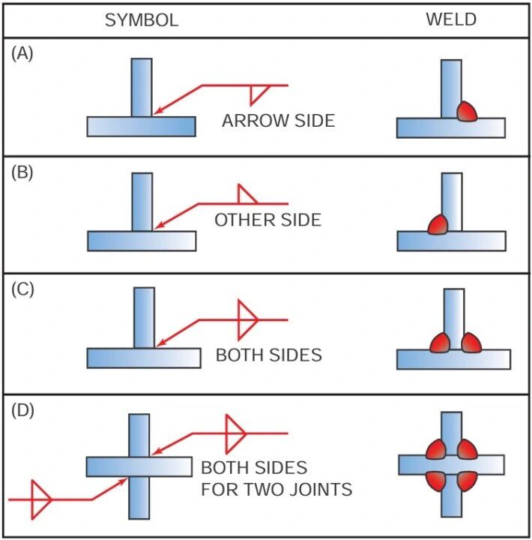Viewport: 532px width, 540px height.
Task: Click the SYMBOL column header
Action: pyautogui.click(x=142, y=20)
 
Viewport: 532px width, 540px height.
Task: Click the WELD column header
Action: pyautogui.click(x=451, y=19)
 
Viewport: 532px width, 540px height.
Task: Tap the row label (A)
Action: pyautogui.click(x=22, y=54)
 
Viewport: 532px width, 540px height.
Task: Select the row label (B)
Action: pyautogui.click(x=22, y=172)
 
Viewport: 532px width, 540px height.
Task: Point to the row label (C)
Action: pyautogui.click(x=22, y=289)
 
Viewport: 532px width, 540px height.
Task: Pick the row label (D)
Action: pyautogui.click(x=22, y=410)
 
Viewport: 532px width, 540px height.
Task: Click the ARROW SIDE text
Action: pyautogui.click(x=279, y=121)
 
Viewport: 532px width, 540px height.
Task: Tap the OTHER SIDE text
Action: pyautogui.click(x=267, y=220)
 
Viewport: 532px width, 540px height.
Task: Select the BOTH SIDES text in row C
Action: pyautogui.click(x=269, y=355)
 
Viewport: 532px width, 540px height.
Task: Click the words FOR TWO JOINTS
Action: pyautogui.click(x=276, y=489)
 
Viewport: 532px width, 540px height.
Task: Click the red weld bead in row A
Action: pyautogui.click(x=467, y=111)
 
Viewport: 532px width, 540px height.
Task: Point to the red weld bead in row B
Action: pyautogui.click(x=438, y=224)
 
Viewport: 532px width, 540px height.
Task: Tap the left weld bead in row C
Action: pyautogui.click(x=440, y=343)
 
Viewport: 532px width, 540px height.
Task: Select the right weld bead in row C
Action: pyautogui.click(x=471, y=343)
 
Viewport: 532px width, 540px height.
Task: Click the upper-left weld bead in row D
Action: pyautogui.click(x=436, y=449)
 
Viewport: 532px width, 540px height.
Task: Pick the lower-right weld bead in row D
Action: pyautogui.click(x=467, y=481)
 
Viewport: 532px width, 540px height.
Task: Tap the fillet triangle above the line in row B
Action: pyautogui.click(x=247, y=194)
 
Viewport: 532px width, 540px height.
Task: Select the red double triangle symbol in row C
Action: pyautogui.click(x=248, y=320)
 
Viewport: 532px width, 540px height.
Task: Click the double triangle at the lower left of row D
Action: pyautogui.click(x=41, y=499)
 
